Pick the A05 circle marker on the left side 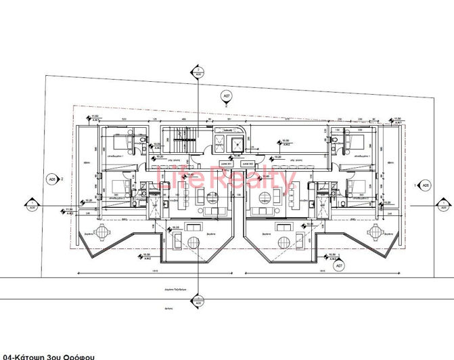[x=51, y=179]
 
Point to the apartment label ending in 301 [x=226, y=163]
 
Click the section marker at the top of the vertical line [x=196, y=72]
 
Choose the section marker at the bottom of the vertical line [x=196, y=298]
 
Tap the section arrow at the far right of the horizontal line [x=444, y=204]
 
